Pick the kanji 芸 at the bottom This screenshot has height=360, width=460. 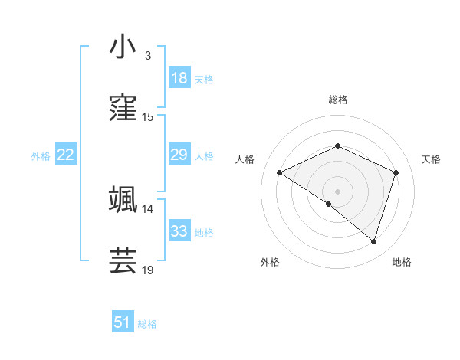click(x=123, y=260)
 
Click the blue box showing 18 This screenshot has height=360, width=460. click(x=179, y=78)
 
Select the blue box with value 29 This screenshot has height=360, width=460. click(x=179, y=155)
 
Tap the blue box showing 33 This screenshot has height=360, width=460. click(x=179, y=231)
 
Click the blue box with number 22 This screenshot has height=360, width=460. click(x=66, y=155)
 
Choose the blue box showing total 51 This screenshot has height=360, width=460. click(x=123, y=322)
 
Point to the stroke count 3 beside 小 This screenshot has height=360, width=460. click(x=147, y=56)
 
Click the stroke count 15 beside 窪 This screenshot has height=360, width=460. click(x=147, y=117)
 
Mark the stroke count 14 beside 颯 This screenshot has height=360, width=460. click(x=147, y=208)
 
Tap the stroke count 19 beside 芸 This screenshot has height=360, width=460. click(x=147, y=270)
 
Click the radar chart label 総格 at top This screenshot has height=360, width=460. click(x=337, y=100)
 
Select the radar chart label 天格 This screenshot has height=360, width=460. click(x=431, y=159)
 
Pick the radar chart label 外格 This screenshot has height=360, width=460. click(x=270, y=262)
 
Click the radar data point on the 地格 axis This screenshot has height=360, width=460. click(x=373, y=241)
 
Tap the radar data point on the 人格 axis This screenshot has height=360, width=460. click(x=280, y=173)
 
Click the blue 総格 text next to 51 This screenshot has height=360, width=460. click(x=147, y=323)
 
